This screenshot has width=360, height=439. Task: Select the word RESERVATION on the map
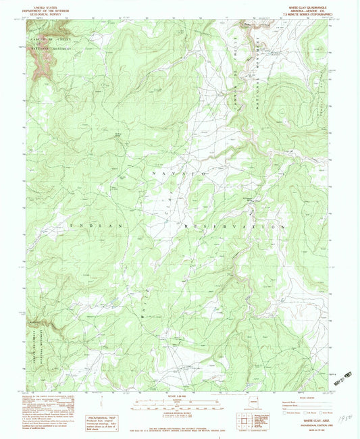[x=230, y=227]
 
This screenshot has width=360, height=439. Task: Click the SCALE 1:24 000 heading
[x=178, y=396]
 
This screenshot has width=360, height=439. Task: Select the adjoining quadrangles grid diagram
[x=246, y=421]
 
